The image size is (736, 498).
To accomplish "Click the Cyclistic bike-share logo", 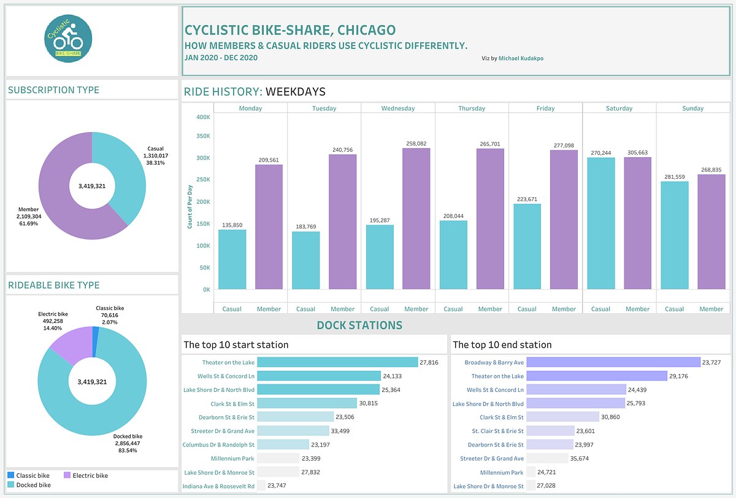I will coord(68,39).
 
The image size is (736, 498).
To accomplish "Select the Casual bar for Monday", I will coord(232,259).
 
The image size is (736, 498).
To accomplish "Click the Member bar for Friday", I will coord(564,219).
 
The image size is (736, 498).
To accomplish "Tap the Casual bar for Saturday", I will coord(600,224).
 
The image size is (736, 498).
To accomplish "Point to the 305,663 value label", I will coord(638,152).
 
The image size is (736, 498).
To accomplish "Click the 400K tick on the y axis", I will coord(202,117).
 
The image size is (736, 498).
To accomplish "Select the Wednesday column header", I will coord(397,108).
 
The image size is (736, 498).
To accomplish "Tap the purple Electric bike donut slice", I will coord(69,345).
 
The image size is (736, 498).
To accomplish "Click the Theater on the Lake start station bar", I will coord(337,363).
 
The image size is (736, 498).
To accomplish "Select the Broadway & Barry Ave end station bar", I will coord(613,363).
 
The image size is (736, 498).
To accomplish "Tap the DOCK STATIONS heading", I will coord(359,325).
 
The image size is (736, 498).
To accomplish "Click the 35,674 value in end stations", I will coord(586,459).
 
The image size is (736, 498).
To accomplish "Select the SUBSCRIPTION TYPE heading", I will coord(53,90).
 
